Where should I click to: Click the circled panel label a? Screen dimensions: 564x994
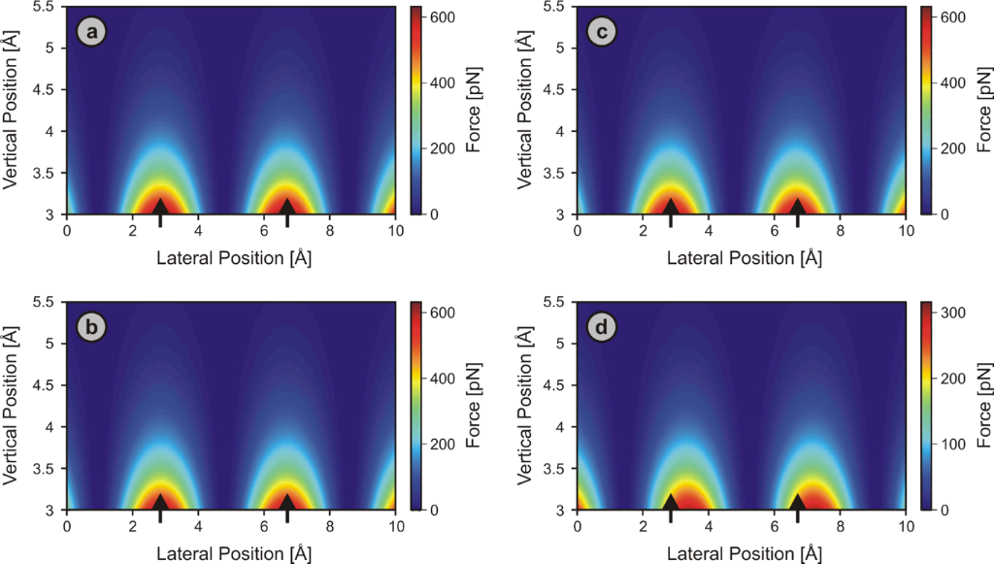tap(92, 33)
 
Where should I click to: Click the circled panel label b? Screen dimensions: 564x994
tap(92, 328)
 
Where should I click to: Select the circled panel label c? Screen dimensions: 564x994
tap(603, 33)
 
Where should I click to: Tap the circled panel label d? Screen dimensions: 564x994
tap(603, 328)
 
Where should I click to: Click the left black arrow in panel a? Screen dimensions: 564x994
tap(161, 210)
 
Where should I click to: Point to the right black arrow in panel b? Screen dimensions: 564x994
tap(287, 505)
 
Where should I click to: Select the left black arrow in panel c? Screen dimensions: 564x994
tap(670, 210)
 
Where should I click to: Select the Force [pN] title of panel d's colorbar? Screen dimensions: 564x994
tap(982, 405)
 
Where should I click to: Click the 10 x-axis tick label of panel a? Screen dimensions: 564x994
tap(395, 231)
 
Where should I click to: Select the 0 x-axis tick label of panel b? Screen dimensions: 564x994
tap(67, 526)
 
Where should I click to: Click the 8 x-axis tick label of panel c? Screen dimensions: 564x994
tap(840, 231)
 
